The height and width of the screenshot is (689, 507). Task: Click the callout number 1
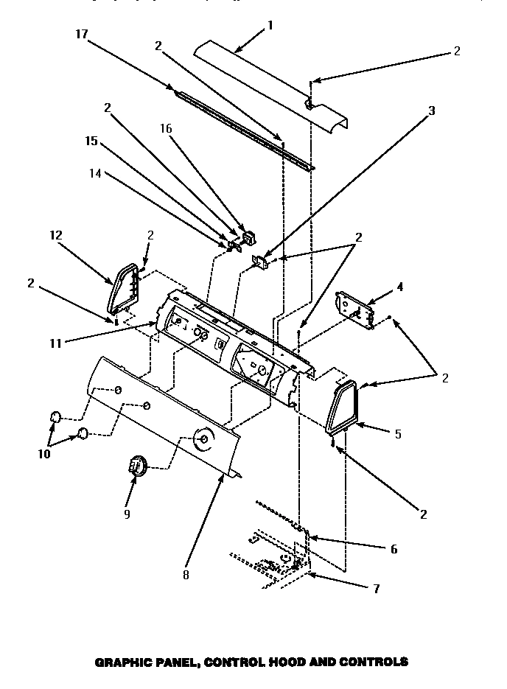click(x=270, y=24)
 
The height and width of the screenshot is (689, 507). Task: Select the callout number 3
click(x=432, y=111)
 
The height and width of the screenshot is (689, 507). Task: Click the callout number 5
click(x=399, y=434)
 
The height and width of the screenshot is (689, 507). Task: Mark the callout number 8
click(x=186, y=575)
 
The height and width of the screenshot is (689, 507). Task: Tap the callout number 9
click(x=127, y=514)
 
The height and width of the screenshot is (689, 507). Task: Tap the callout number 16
click(x=166, y=127)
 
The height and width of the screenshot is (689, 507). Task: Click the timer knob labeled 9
click(x=137, y=466)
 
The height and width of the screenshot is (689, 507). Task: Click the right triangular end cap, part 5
click(x=343, y=406)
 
